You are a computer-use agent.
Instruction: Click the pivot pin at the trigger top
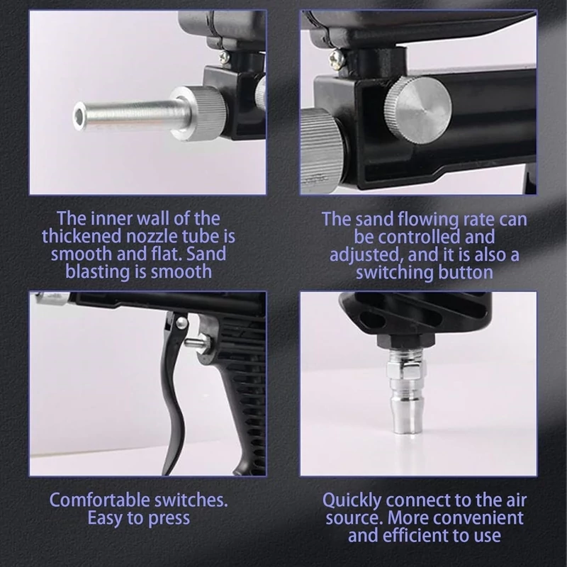pyautogui.click(x=181, y=322)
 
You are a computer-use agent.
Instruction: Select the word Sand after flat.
pyautogui.click(x=206, y=254)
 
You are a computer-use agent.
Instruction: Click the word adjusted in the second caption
pyautogui.click(x=366, y=255)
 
